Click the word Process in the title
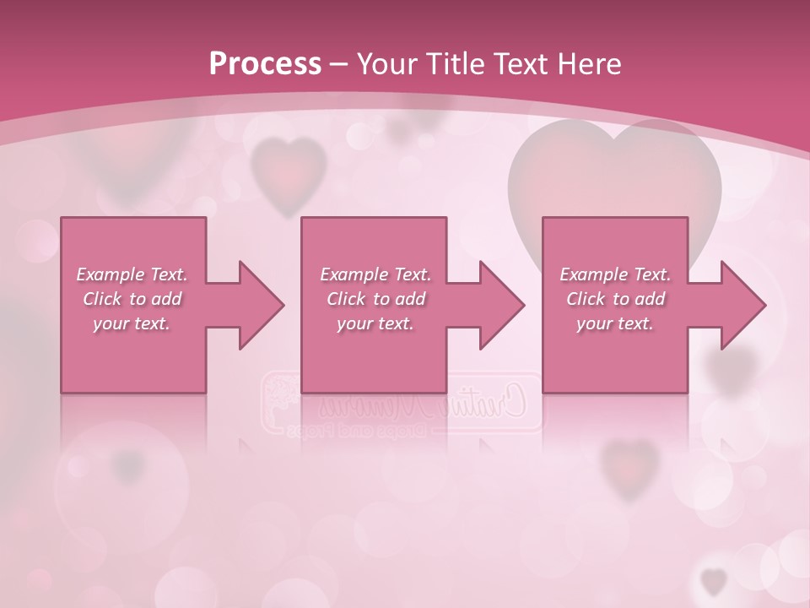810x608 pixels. pyautogui.click(x=264, y=63)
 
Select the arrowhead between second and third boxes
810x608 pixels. pyautogui.click(x=497, y=305)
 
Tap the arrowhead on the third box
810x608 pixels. pyautogui.click(x=737, y=305)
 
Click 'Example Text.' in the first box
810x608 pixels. pyautogui.click(x=132, y=274)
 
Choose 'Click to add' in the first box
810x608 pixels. pyautogui.click(x=132, y=299)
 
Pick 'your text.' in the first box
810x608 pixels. pyautogui.click(x=132, y=323)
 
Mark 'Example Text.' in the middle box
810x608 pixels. pyautogui.click(x=375, y=274)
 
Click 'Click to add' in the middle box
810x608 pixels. pyautogui.click(x=375, y=299)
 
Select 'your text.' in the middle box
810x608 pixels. pyautogui.click(x=375, y=323)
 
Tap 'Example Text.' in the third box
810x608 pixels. pyautogui.click(x=615, y=274)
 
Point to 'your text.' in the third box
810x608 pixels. pyautogui.click(x=615, y=323)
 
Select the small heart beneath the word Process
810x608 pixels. pyautogui.click(x=289, y=173)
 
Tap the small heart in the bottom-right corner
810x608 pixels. pyautogui.click(x=714, y=580)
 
